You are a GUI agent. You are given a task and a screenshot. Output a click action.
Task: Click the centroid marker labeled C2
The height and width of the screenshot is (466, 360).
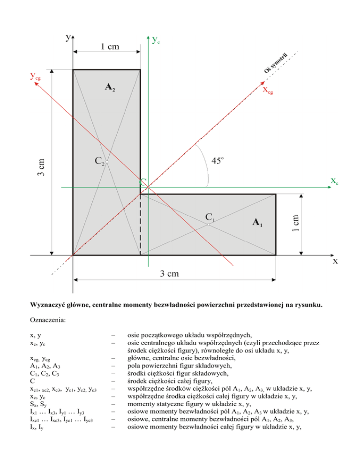107,162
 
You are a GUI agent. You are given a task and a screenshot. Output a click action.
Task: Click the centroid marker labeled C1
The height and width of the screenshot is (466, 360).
208,225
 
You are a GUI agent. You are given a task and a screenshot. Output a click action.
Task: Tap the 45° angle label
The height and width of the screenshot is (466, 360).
217,161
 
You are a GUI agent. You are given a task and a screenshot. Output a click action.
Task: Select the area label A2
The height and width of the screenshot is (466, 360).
110,87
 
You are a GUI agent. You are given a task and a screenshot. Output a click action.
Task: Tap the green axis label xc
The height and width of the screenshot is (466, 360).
334,180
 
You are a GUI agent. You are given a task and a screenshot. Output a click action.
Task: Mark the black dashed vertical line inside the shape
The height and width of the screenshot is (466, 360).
141,225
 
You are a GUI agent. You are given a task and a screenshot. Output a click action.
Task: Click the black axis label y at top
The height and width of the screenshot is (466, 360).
68,37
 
